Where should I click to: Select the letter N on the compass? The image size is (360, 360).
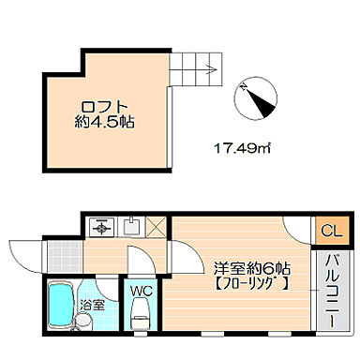coord(242,86)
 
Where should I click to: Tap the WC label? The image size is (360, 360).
coord(141,291)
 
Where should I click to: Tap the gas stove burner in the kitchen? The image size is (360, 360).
coord(100,226)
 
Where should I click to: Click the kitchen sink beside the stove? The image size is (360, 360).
coord(130,226)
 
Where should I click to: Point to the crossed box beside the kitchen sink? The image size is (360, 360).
coord(156,226)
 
